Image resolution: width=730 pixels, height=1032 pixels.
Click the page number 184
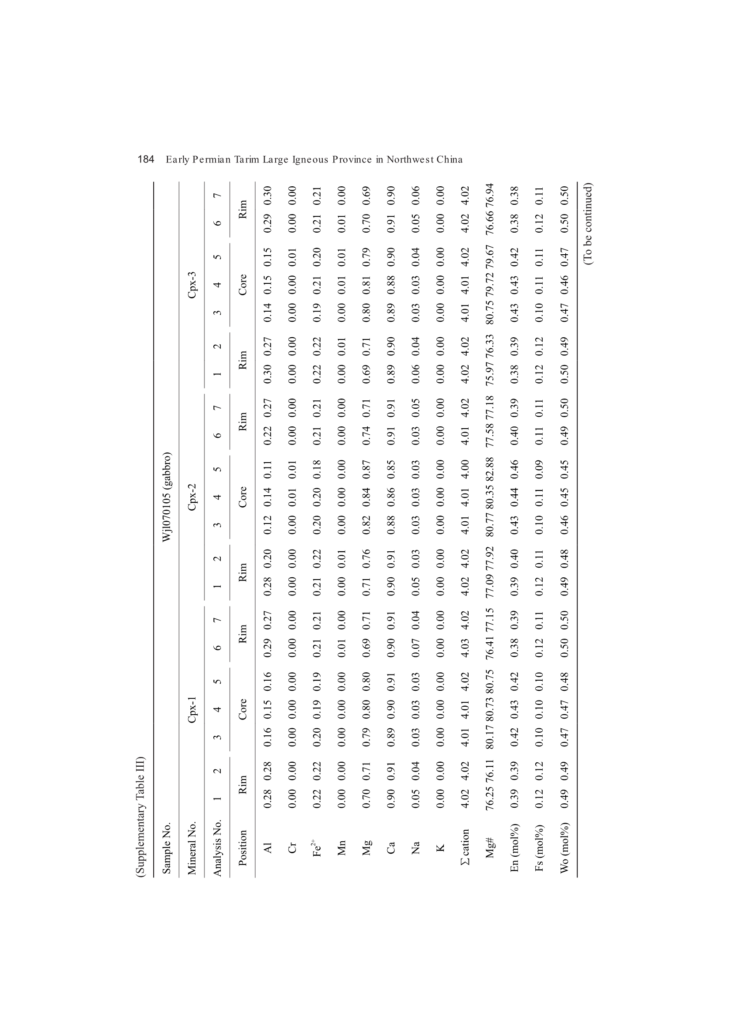(146, 159)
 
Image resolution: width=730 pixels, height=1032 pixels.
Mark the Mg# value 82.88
(490, 469)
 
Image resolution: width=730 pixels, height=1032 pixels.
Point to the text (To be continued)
(590, 223)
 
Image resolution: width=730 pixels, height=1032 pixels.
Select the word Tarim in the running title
(246, 159)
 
